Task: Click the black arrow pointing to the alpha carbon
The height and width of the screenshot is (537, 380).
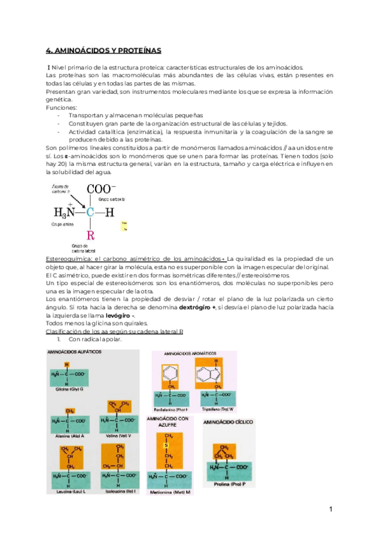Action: click(73, 199)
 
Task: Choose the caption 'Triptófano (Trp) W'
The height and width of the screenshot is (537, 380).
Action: click(218, 409)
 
